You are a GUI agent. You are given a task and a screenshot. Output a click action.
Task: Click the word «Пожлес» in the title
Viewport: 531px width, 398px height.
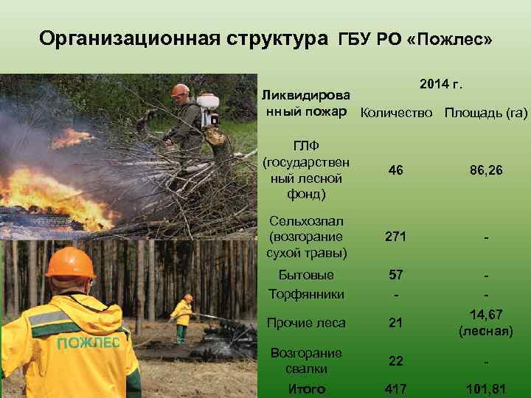(x=448, y=38)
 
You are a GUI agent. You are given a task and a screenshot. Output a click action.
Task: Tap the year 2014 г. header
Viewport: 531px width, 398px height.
(x=441, y=84)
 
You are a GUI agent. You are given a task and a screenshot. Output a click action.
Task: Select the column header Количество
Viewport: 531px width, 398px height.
(x=397, y=113)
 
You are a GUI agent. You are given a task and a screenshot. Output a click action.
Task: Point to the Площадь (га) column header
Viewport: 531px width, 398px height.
(x=485, y=113)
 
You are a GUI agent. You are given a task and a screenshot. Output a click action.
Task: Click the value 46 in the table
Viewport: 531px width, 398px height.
(x=395, y=170)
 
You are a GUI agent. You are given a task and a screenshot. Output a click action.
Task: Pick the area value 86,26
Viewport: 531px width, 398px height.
(x=485, y=170)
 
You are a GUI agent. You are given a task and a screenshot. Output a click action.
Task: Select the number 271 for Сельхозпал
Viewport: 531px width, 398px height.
(x=395, y=237)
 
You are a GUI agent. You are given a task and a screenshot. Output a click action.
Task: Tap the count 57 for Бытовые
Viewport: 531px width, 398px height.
(x=395, y=275)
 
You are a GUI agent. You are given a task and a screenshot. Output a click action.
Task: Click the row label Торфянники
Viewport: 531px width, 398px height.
(x=307, y=294)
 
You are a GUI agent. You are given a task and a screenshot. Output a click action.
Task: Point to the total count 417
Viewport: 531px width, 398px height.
(x=395, y=388)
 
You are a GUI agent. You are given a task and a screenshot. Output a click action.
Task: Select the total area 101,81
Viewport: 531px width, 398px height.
(x=485, y=388)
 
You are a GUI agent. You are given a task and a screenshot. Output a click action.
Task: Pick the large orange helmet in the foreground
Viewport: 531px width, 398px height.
(x=70, y=263)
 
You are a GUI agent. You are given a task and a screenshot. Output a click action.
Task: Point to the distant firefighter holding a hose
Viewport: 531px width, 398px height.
(x=181, y=318)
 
